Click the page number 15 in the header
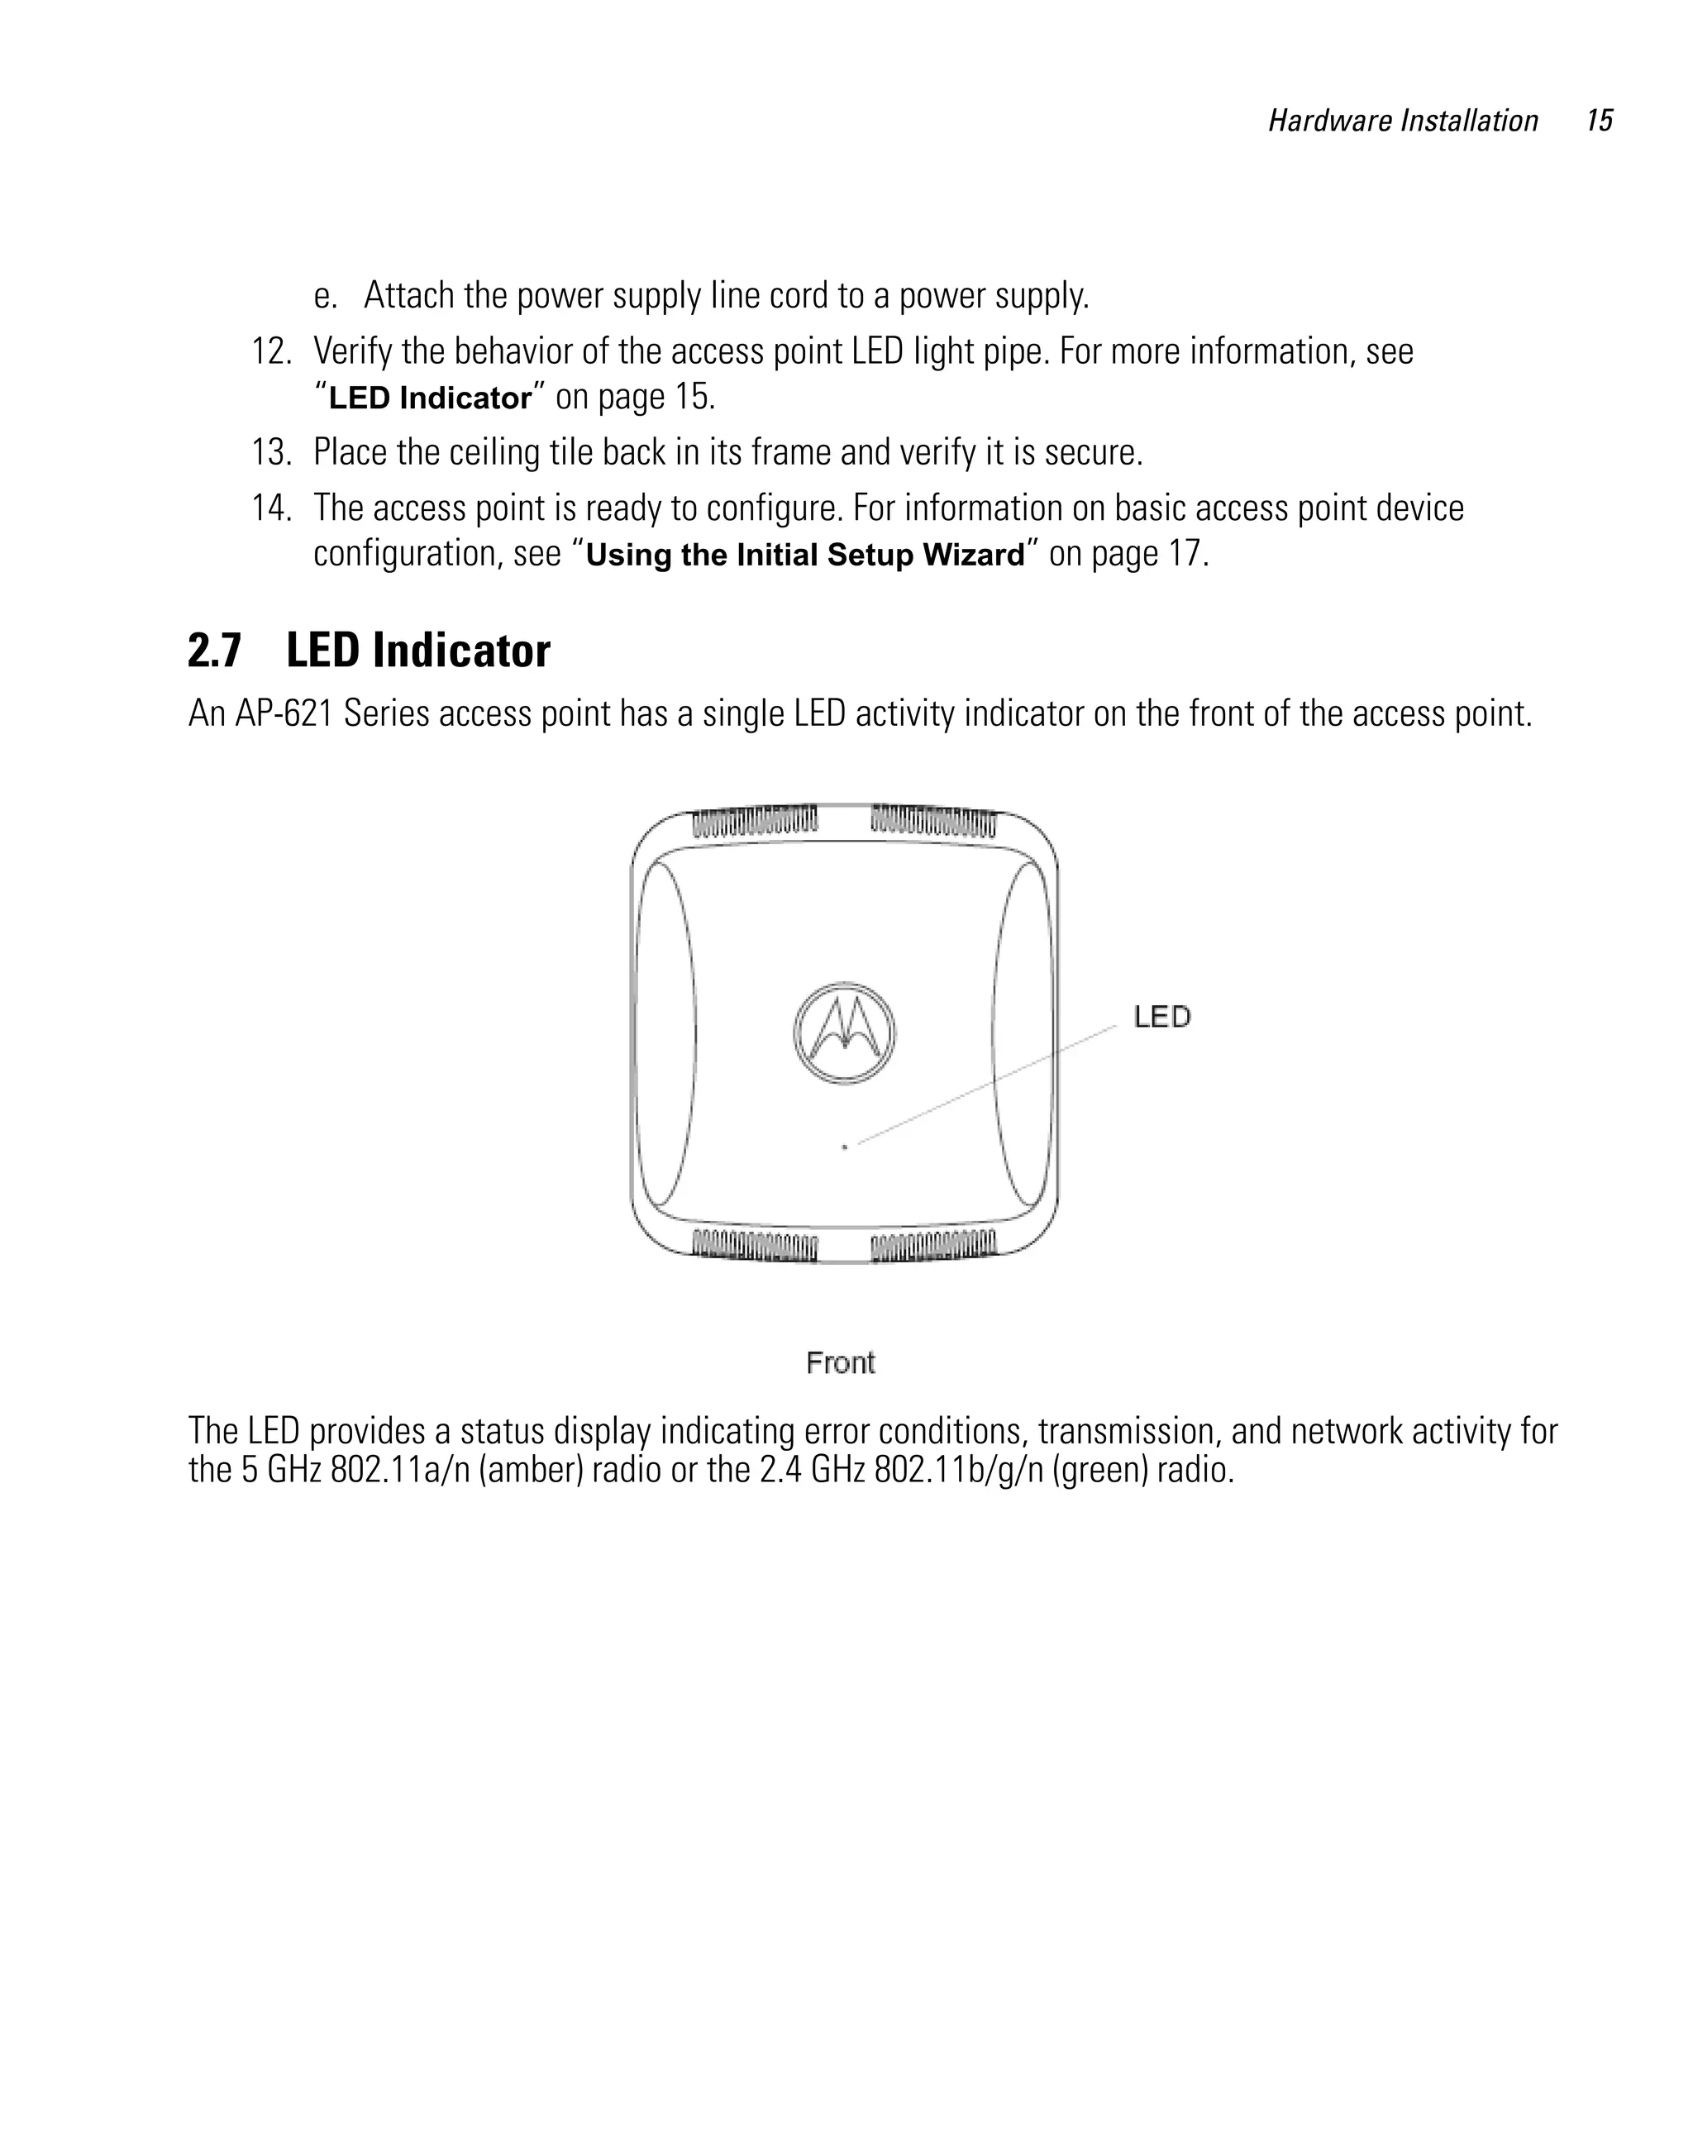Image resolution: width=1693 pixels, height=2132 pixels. click(x=1599, y=121)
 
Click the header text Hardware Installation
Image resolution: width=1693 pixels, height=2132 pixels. click(x=1402, y=121)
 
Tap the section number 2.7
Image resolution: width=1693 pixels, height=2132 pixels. click(x=213, y=651)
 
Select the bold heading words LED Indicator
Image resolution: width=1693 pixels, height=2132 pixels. click(x=417, y=651)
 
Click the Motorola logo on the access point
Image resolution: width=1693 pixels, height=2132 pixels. click(x=843, y=1033)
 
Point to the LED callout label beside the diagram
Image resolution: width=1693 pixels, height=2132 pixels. click(x=1162, y=1017)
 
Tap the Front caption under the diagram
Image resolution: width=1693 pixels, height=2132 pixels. click(x=841, y=1362)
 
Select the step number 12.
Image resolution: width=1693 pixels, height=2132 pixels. click(x=271, y=352)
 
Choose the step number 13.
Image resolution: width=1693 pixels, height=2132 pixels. click(x=271, y=453)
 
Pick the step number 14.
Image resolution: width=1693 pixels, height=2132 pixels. click(x=271, y=508)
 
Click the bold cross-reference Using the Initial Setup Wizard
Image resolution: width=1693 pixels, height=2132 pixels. click(x=805, y=555)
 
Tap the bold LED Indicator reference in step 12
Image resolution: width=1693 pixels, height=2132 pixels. click(x=430, y=398)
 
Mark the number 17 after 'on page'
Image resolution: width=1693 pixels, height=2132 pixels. click(x=1185, y=554)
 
